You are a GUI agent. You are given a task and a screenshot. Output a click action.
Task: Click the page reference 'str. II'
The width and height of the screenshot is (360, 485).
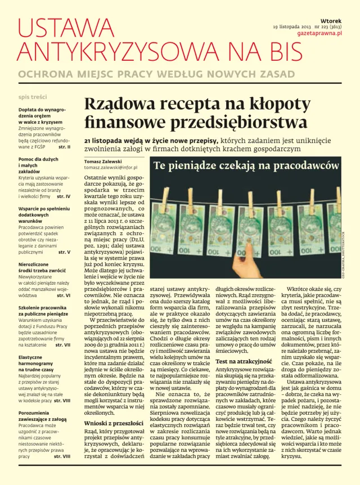point(64,147)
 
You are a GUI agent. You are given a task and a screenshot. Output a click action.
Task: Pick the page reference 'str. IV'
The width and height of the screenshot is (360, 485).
point(64,196)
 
